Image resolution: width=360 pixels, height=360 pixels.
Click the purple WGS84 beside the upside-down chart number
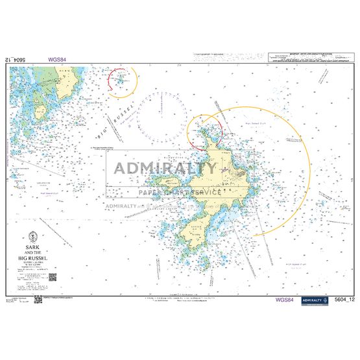click(56, 59)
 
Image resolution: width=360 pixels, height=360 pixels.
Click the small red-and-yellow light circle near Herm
click(121, 80)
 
